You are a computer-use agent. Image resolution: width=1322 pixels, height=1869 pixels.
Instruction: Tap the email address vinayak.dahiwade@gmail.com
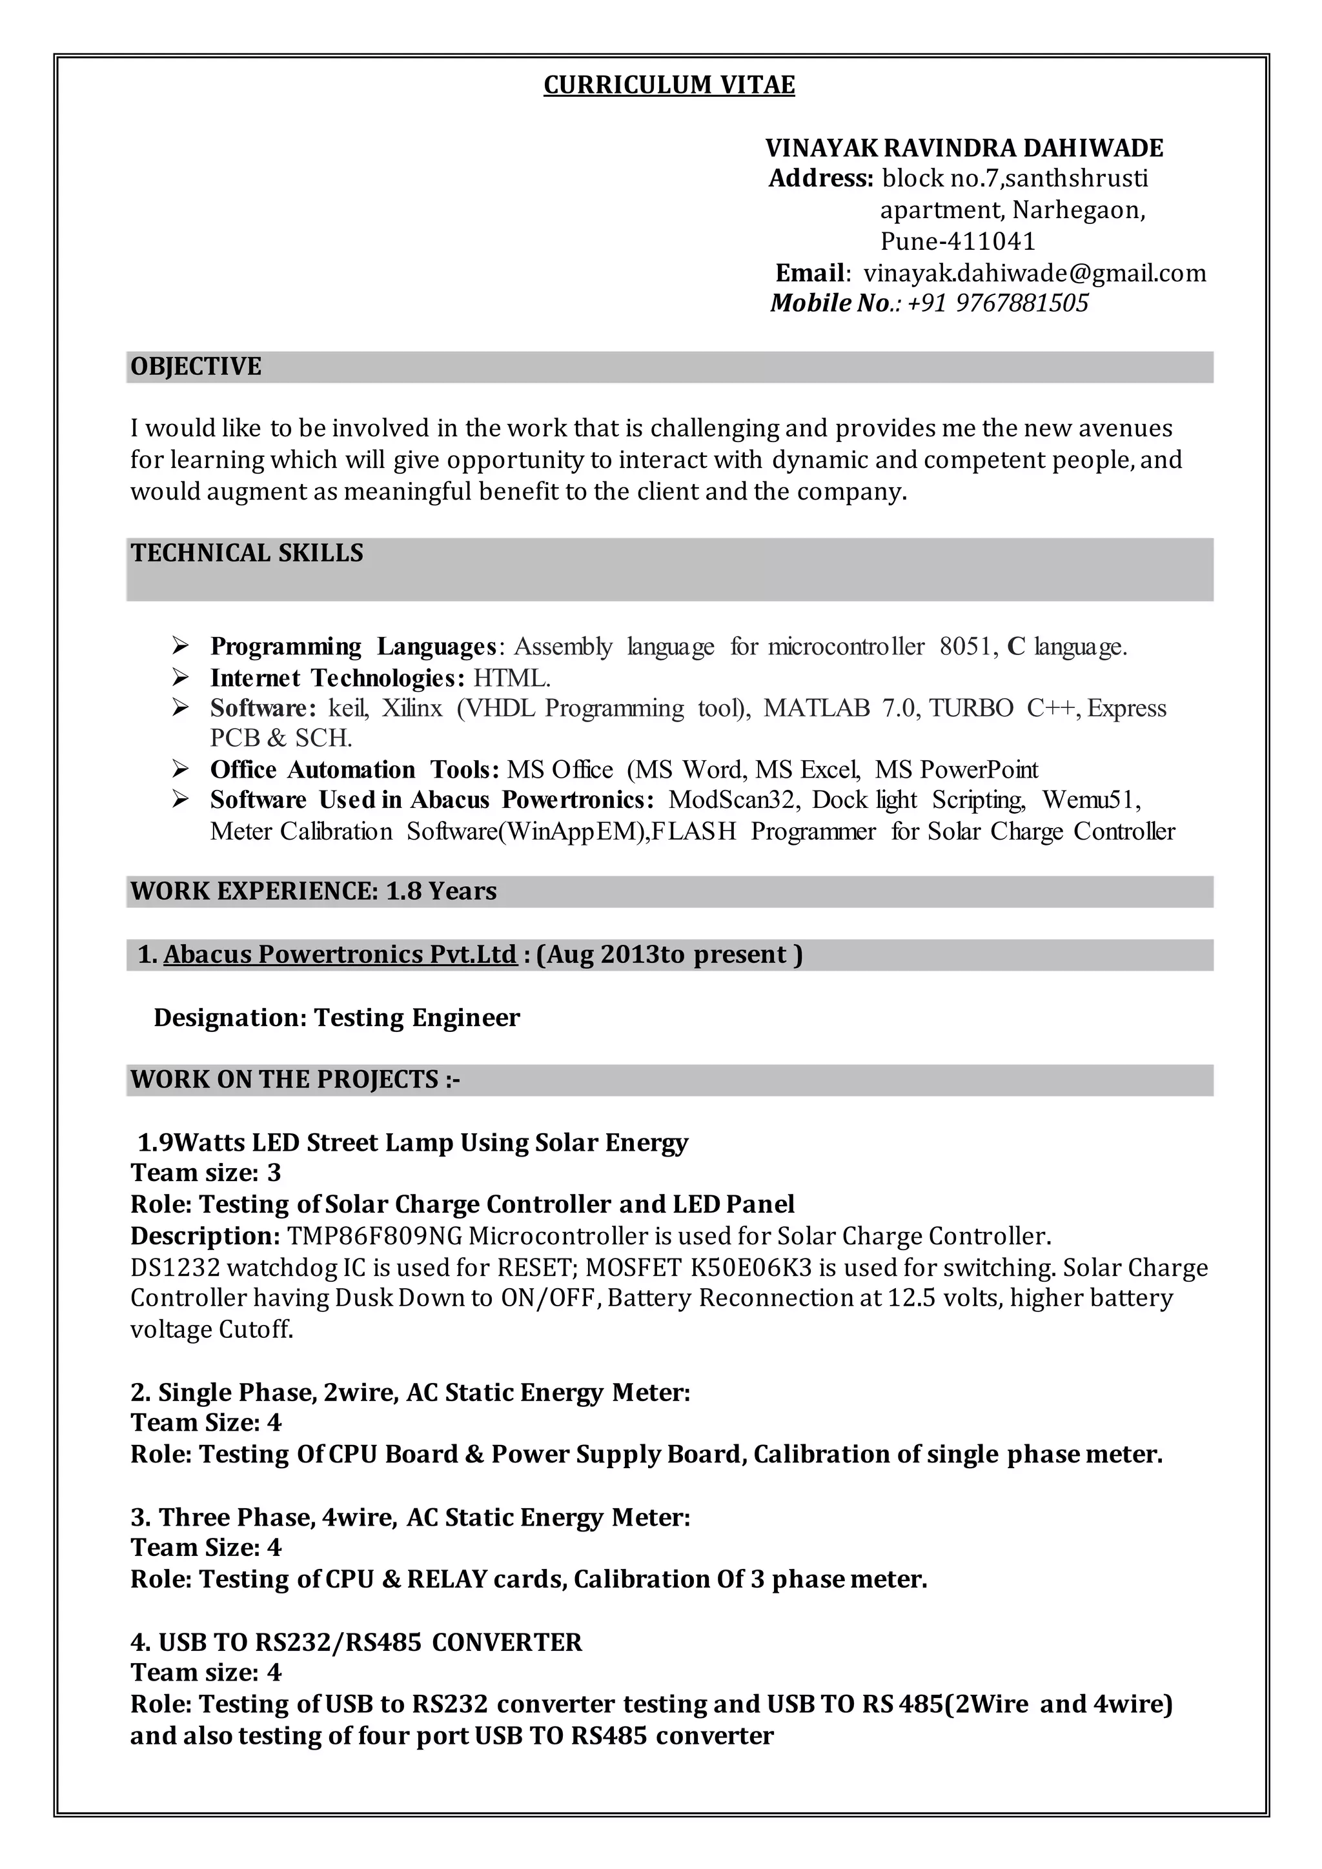point(1035,274)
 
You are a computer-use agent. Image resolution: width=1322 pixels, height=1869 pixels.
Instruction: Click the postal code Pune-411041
point(957,242)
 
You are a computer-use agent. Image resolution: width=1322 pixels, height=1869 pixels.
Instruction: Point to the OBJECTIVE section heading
point(196,367)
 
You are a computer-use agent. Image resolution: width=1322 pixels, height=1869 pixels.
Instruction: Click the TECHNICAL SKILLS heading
point(247,554)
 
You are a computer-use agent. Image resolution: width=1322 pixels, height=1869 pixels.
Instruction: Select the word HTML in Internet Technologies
point(512,678)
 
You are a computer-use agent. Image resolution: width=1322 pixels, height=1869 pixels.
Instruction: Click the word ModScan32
point(731,800)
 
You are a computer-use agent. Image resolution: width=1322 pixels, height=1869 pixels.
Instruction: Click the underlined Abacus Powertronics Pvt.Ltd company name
point(340,955)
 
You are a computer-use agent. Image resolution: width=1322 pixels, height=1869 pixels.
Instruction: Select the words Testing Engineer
point(417,1018)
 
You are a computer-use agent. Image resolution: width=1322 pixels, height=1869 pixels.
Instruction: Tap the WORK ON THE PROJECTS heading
point(295,1080)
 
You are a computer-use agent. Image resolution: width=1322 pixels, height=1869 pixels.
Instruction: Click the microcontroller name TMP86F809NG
point(374,1237)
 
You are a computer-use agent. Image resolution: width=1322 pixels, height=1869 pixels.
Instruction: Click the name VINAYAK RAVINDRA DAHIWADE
point(964,148)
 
